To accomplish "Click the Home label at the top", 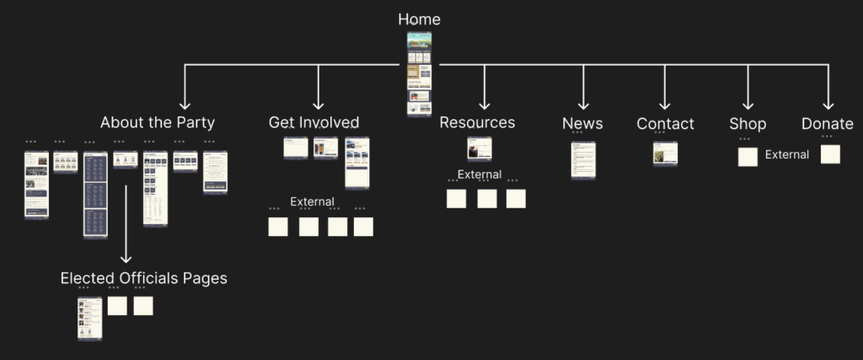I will pyautogui.click(x=419, y=19).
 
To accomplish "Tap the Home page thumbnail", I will pyautogui.click(x=419, y=74).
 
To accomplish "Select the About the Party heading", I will pyautogui.click(x=157, y=122).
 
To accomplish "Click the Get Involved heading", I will pyautogui.click(x=314, y=122).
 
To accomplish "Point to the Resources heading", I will pyautogui.click(x=477, y=122).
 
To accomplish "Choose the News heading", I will pyautogui.click(x=582, y=123).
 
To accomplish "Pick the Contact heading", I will pyautogui.click(x=665, y=123).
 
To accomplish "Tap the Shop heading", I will pyautogui.click(x=748, y=123).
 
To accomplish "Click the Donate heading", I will pyautogui.click(x=827, y=123).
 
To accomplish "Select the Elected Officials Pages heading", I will pyautogui.click(x=143, y=277).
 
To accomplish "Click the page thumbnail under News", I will pyautogui.click(x=583, y=159).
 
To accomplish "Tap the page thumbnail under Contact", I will pyautogui.click(x=665, y=153).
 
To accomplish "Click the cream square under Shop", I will pyautogui.click(x=748, y=157).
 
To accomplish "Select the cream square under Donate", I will pyautogui.click(x=830, y=154).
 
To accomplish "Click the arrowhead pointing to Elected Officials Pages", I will pyautogui.click(x=126, y=259).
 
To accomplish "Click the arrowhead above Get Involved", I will pyautogui.click(x=319, y=105).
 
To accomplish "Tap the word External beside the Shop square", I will pyautogui.click(x=786, y=154).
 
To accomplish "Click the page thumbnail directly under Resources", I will pyautogui.click(x=480, y=148).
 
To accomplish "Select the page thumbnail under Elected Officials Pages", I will pyautogui.click(x=89, y=319).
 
